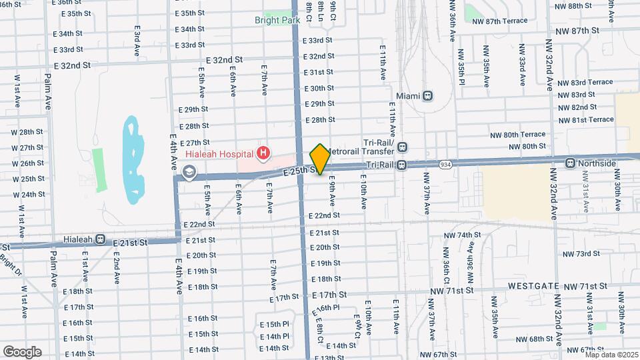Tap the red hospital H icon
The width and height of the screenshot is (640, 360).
coord(264,154)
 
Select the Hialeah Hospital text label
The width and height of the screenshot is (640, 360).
coord(215,154)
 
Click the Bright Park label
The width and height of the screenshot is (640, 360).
coord(277,21)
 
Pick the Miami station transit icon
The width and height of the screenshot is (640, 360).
coord(427,96)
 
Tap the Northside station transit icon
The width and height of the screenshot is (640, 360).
coord(571,163)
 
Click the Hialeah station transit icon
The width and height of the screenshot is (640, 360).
coord(100,239)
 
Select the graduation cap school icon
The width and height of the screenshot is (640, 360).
coord(189,173)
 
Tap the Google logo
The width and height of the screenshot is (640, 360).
coord(22,351)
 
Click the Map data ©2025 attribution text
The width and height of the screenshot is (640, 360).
coord(611,355)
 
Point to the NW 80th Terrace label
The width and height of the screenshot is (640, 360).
coord(517,134)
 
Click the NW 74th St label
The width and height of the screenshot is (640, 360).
coord(462,235)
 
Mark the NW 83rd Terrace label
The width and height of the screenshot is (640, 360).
coord(583,82)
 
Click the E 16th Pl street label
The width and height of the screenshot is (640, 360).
coord(327,308)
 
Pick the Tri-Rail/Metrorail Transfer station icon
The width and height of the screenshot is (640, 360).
coord(402,147)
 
